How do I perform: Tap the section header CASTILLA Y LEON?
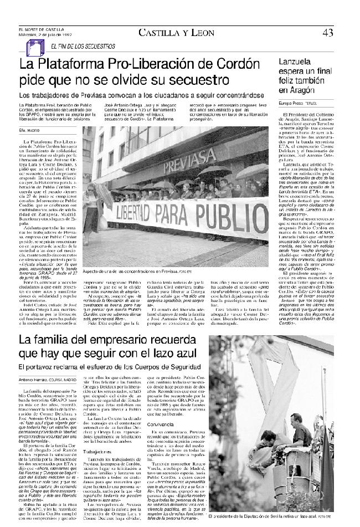click(176, 33)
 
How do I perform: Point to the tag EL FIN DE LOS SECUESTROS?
click(83, 46)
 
